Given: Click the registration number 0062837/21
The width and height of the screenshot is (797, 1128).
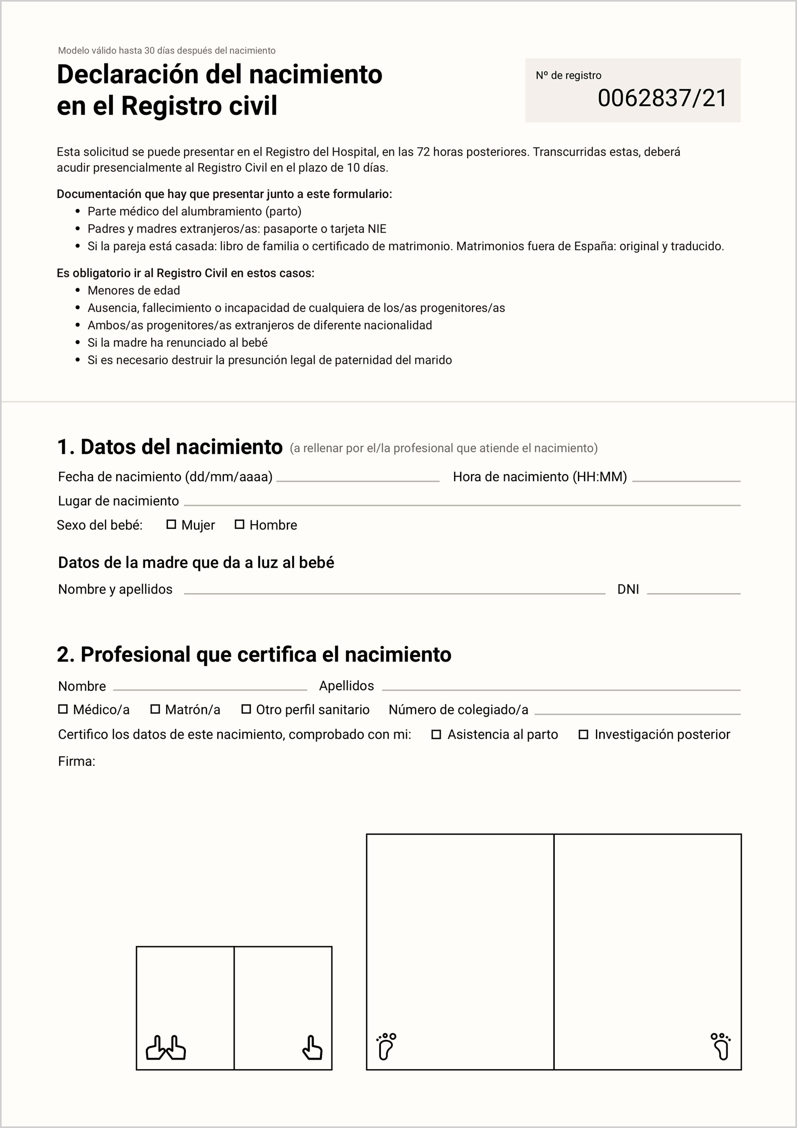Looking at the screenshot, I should tap(662, 98).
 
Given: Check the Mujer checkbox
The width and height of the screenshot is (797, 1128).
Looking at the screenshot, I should tap(171, 525).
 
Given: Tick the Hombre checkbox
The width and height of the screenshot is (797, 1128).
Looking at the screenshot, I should tap(239, 525).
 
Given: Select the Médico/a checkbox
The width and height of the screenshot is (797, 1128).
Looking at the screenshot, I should tap(63, 709).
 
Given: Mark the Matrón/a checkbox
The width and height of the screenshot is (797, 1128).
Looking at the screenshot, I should tap(155, 709).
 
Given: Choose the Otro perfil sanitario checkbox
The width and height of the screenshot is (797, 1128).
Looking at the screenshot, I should tap(246, 709).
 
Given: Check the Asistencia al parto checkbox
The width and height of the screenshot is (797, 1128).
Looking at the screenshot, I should tap(436, 735).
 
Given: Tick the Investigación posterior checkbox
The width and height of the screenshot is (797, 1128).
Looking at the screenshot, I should tap(583, 735).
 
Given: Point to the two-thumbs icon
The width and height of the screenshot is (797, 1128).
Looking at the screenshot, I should tap(166, 1048).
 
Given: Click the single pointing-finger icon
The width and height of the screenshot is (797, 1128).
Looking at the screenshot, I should tap(312, 1048).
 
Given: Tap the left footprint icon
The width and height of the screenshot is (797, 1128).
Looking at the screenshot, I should tap(386, 1046).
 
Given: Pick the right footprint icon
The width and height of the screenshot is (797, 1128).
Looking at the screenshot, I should tap(721, 1046).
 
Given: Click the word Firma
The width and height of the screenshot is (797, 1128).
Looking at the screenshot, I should tap(76, 762).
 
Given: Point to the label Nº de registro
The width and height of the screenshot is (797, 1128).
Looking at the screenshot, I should tap(568, 76).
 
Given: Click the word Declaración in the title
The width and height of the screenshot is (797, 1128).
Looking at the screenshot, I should tap(127, 74).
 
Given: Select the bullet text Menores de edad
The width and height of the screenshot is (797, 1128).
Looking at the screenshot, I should tap(134, 290).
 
